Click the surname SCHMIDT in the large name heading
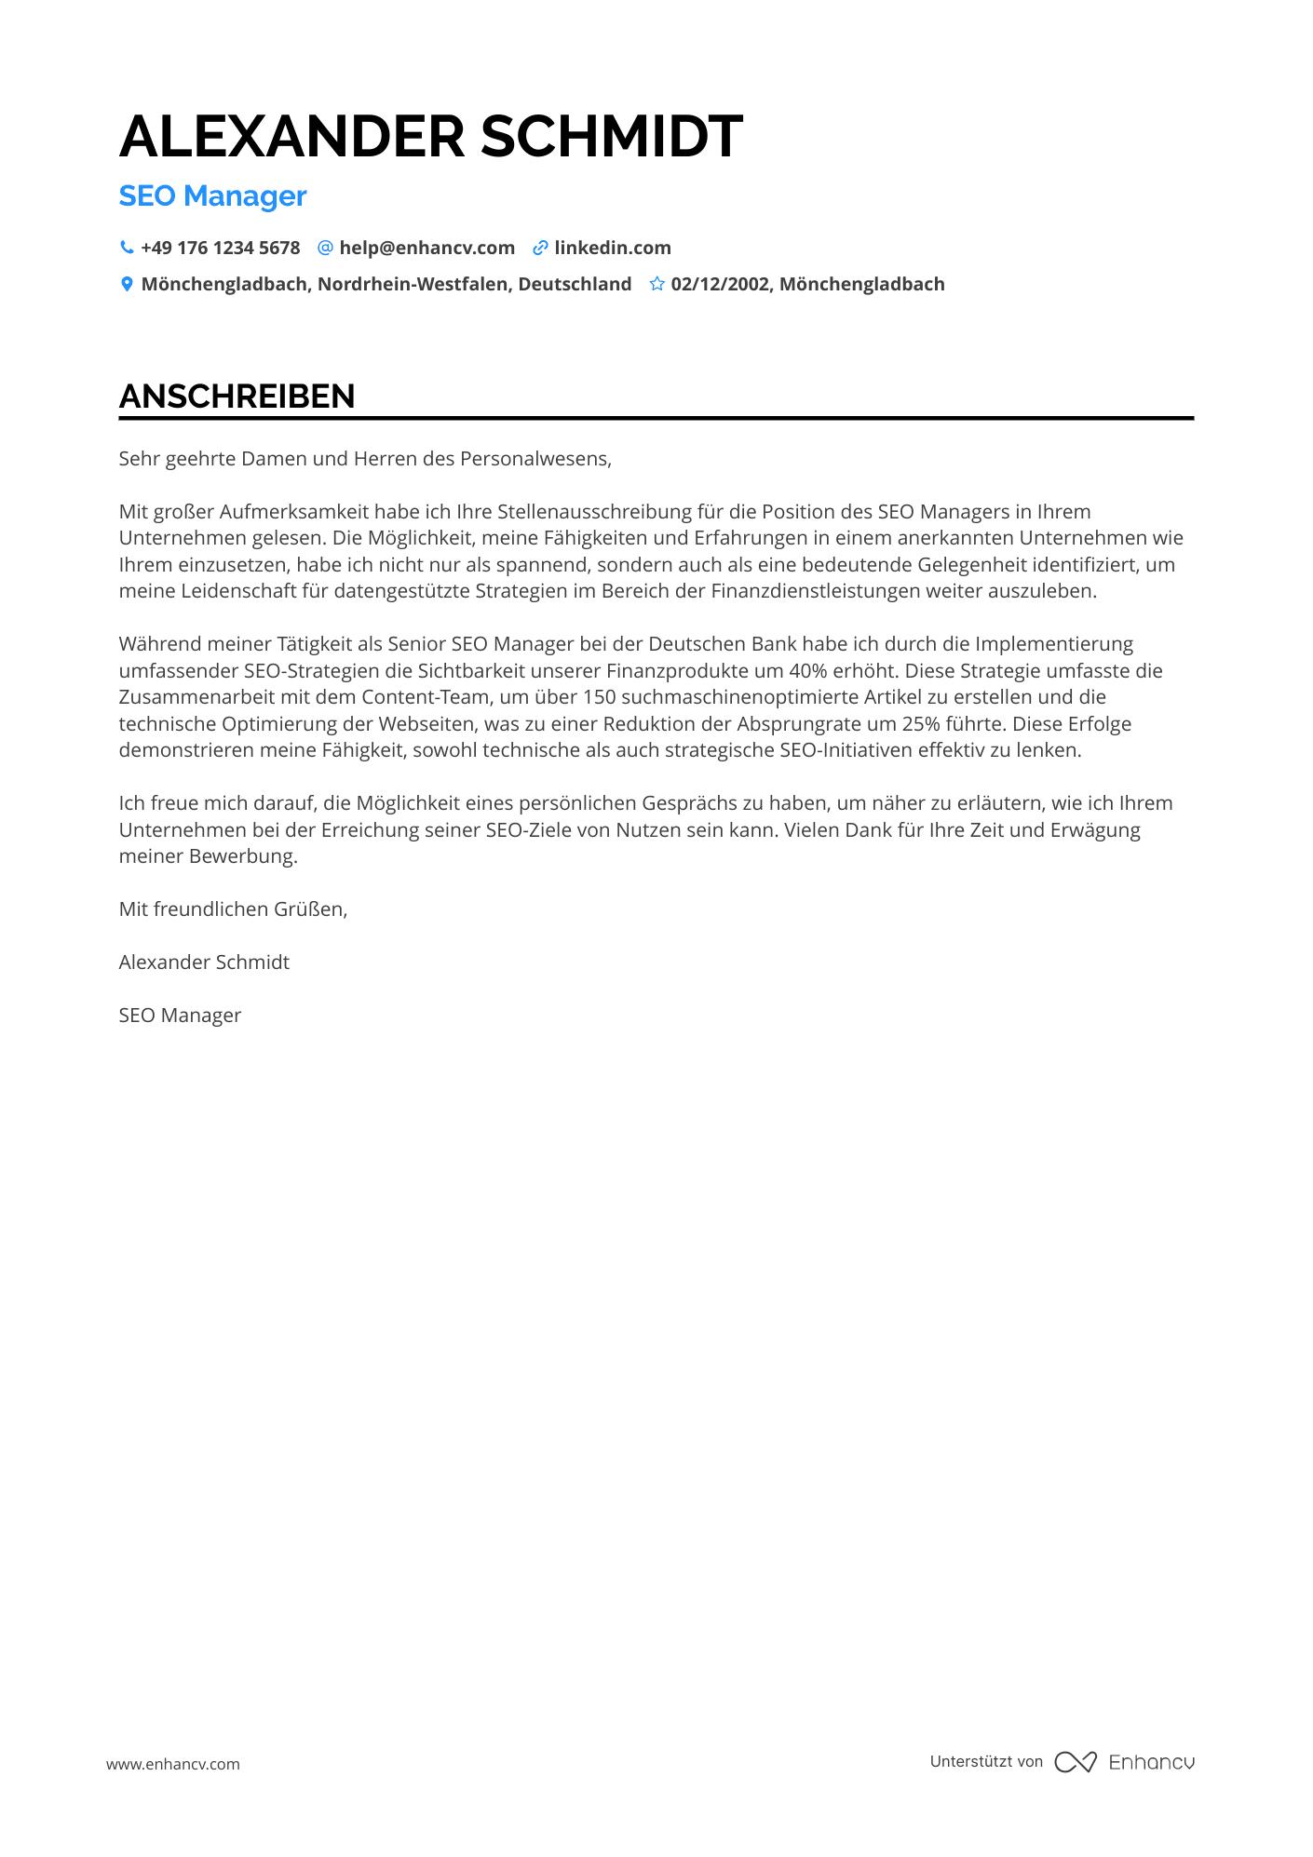click(611, 137)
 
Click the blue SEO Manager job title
click(212, 196)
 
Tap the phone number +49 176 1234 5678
click(221, 248)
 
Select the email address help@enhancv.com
click(426, 248)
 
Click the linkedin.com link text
click(613, 248)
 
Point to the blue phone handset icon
click(127, 248)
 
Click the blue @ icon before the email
click(325, 248)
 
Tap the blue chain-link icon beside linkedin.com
click(540, 248)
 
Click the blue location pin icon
click(127, 284)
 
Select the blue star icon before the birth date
click(656, 284)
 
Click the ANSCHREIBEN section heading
click(237, 397)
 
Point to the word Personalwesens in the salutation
click(535, 459)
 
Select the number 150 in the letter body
click(600, 697)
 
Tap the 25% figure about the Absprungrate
click(921, 724)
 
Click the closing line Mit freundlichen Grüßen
click(233, 909)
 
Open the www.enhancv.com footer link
click(173, 1764)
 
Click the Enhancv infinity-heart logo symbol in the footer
click(1076, 1762)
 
